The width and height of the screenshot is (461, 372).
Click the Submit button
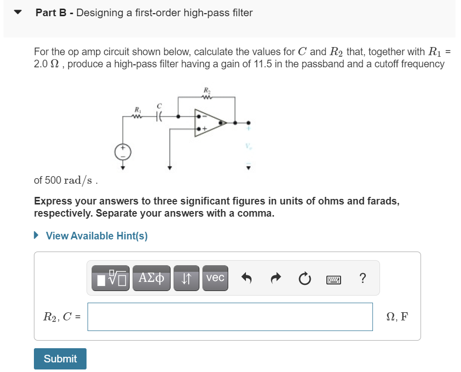click(60, 358)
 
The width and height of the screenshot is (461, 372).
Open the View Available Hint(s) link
click(96, 236)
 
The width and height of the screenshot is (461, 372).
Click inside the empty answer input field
click(230, 317)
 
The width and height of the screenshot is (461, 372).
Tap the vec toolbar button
click(215, 278)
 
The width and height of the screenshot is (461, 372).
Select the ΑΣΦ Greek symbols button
click(151, 278)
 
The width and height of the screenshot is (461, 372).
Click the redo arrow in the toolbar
click(275, 278)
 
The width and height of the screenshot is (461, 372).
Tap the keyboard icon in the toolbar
click(333, 278)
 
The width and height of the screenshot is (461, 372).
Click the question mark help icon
click(362, 278)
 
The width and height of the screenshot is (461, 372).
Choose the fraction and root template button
click(110, 278)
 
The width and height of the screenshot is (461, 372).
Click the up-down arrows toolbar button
click(186, 278)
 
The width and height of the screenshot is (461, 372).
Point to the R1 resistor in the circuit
click(137, 116)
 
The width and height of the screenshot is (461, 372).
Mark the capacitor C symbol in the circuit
click(159, 116)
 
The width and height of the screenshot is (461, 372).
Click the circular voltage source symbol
click(122, 151)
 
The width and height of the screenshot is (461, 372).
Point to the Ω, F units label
click(397, 317)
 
